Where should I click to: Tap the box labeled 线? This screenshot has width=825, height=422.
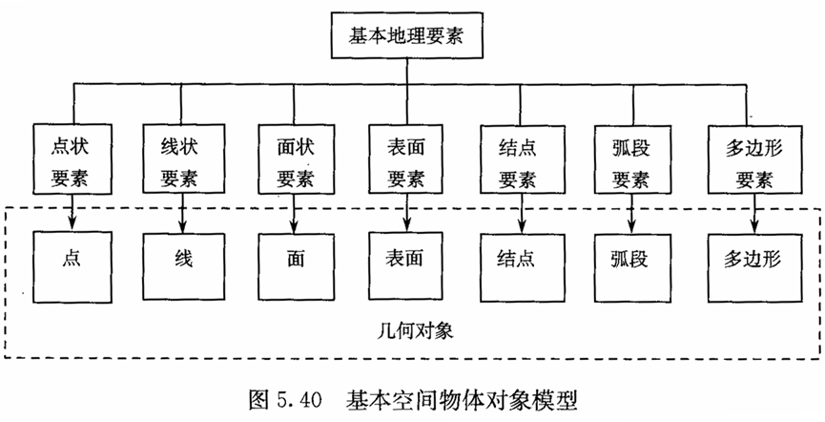pyautogui.click(x=183, y=261)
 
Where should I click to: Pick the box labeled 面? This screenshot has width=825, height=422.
pyautogui.click(x=295, y=261)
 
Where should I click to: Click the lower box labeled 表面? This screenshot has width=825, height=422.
pyautogui.click(x=407, y=261)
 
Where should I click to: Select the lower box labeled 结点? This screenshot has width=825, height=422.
pyautogui.click(x=520, y=261)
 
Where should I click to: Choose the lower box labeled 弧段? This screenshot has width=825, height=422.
pyautogui.click(x=632, y=261)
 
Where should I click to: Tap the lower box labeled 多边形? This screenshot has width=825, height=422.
pyautogui.click(x=753, y=261)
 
